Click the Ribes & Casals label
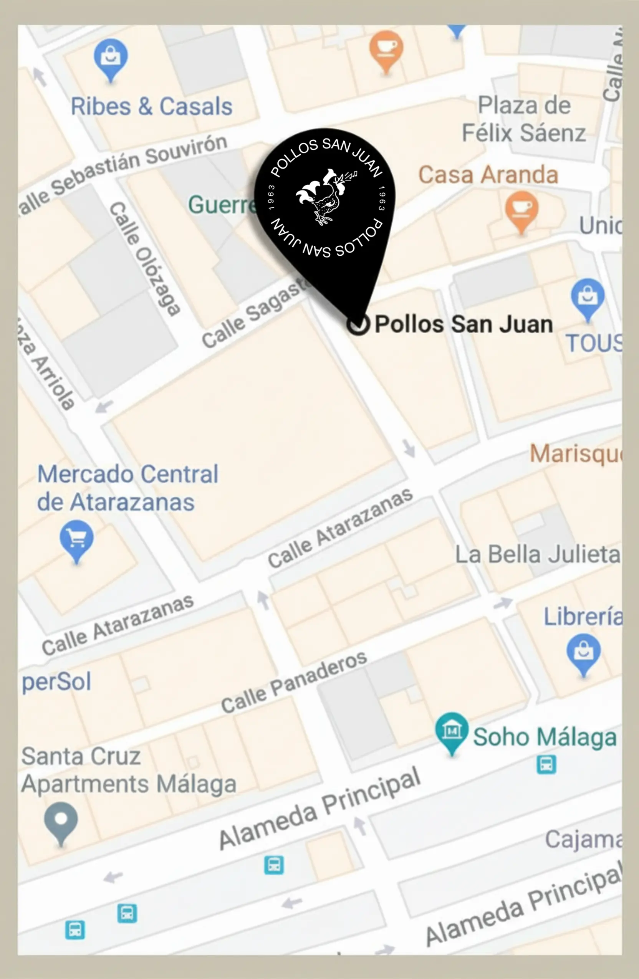151,107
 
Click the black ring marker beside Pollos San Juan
358,324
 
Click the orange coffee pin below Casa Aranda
521,208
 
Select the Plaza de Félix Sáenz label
524,119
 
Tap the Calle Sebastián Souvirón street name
123,173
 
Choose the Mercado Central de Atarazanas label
127,488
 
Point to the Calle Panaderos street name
294,683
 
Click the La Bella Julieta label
537,554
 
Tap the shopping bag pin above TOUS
587,296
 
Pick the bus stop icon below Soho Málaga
546,765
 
